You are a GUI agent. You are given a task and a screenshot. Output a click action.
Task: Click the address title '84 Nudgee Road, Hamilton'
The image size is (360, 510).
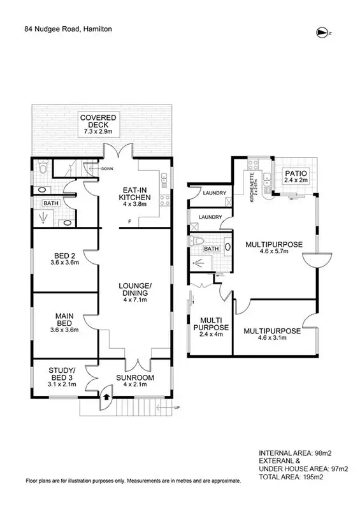pos(71,28)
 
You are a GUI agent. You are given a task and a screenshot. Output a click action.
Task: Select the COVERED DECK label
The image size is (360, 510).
pos(97,124)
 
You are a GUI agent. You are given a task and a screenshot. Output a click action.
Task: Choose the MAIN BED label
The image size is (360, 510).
pos(64,321)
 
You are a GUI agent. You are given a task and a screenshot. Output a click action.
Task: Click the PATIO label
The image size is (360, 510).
pos(295,176)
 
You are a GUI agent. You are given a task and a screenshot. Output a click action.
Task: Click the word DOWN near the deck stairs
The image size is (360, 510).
pos(107,170)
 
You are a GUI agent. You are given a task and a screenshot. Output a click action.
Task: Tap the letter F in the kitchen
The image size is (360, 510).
pos(129,222)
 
